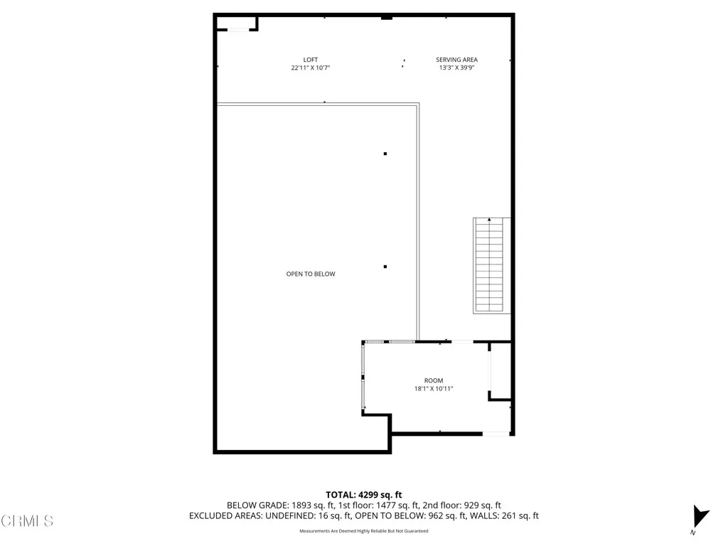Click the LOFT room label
[x=310, y=60]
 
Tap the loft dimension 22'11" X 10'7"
[x=310, y=68]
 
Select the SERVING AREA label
[x=456, y=60]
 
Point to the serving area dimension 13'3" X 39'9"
[x=456, y=68]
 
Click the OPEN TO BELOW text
[x=311, y=274]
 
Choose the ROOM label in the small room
[x=433, y=381]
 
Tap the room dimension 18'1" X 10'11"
[x=433, y=389]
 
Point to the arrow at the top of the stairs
[x=489, y=220]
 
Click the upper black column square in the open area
[x=385, y=154]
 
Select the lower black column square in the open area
[x=385, y=267]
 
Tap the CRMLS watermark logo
[x=27, y=521]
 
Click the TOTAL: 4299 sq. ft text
[x=364, y=494]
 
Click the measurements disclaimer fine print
[x=364, y=531]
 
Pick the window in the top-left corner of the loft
[x=237, y=29]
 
